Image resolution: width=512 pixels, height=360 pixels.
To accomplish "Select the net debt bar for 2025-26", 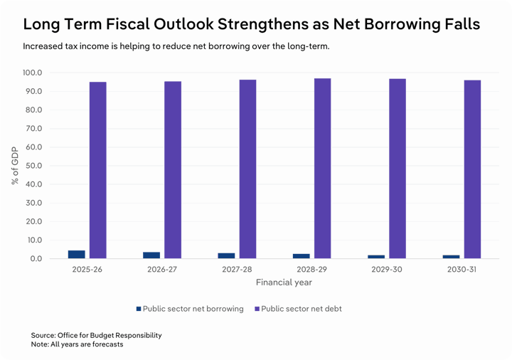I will [x=98, y=170].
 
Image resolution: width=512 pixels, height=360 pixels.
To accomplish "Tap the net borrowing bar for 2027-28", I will [x=226, y=255].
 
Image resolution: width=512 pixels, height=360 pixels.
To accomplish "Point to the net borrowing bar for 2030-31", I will [x=451, y=257].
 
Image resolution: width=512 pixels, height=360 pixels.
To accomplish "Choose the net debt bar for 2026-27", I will [x=173, y=170].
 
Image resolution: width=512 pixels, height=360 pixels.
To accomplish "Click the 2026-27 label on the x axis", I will [x=162, y=270].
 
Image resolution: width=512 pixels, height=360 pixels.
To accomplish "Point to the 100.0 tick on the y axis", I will [x=32, y=73].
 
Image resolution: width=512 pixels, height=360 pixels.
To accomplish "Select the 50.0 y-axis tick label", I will [x=33, y=166].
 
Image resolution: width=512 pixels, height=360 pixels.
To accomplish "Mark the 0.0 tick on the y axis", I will [x=36, y=258].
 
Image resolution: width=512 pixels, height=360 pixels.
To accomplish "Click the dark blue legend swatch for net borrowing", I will [x=139, y=309].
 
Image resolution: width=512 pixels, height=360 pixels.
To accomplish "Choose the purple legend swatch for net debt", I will [x=257, y=309].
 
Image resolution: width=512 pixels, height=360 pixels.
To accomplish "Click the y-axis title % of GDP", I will [x=15, y=166].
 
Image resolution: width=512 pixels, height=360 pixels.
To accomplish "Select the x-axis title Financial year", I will [x=284, y=282].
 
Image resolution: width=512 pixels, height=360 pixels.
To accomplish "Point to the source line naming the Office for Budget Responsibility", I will [x=96, y=334].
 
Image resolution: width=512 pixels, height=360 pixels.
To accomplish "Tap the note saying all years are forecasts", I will [x=77, y=344].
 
